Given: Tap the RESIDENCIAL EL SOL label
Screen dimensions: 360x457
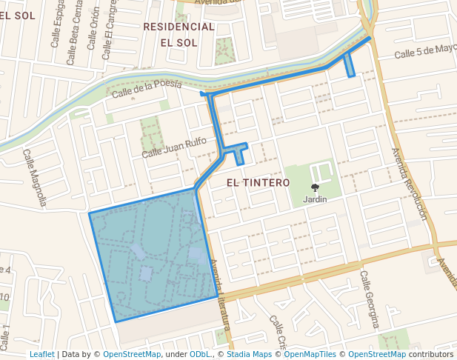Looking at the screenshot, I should tap(179, 34).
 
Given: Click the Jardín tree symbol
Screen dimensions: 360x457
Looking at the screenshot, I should tap(315, 188).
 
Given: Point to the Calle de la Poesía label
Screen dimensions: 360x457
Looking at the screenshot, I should tap(147, 90).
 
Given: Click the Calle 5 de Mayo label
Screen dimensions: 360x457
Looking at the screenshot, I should tap(425, 52).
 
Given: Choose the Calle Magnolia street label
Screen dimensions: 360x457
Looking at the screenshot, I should tap(35, 178).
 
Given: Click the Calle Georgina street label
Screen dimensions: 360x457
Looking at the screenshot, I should tap(370, 299).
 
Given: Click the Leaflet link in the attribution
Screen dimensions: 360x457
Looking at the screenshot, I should tap(41, 355).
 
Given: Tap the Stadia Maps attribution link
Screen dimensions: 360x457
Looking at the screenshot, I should tap(249, 355).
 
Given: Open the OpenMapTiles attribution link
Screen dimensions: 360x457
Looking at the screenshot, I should tap(307, 355).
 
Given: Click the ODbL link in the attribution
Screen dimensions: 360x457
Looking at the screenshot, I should tap(200, 355).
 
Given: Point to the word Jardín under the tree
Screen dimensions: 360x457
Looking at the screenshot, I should tap(315, 199).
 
